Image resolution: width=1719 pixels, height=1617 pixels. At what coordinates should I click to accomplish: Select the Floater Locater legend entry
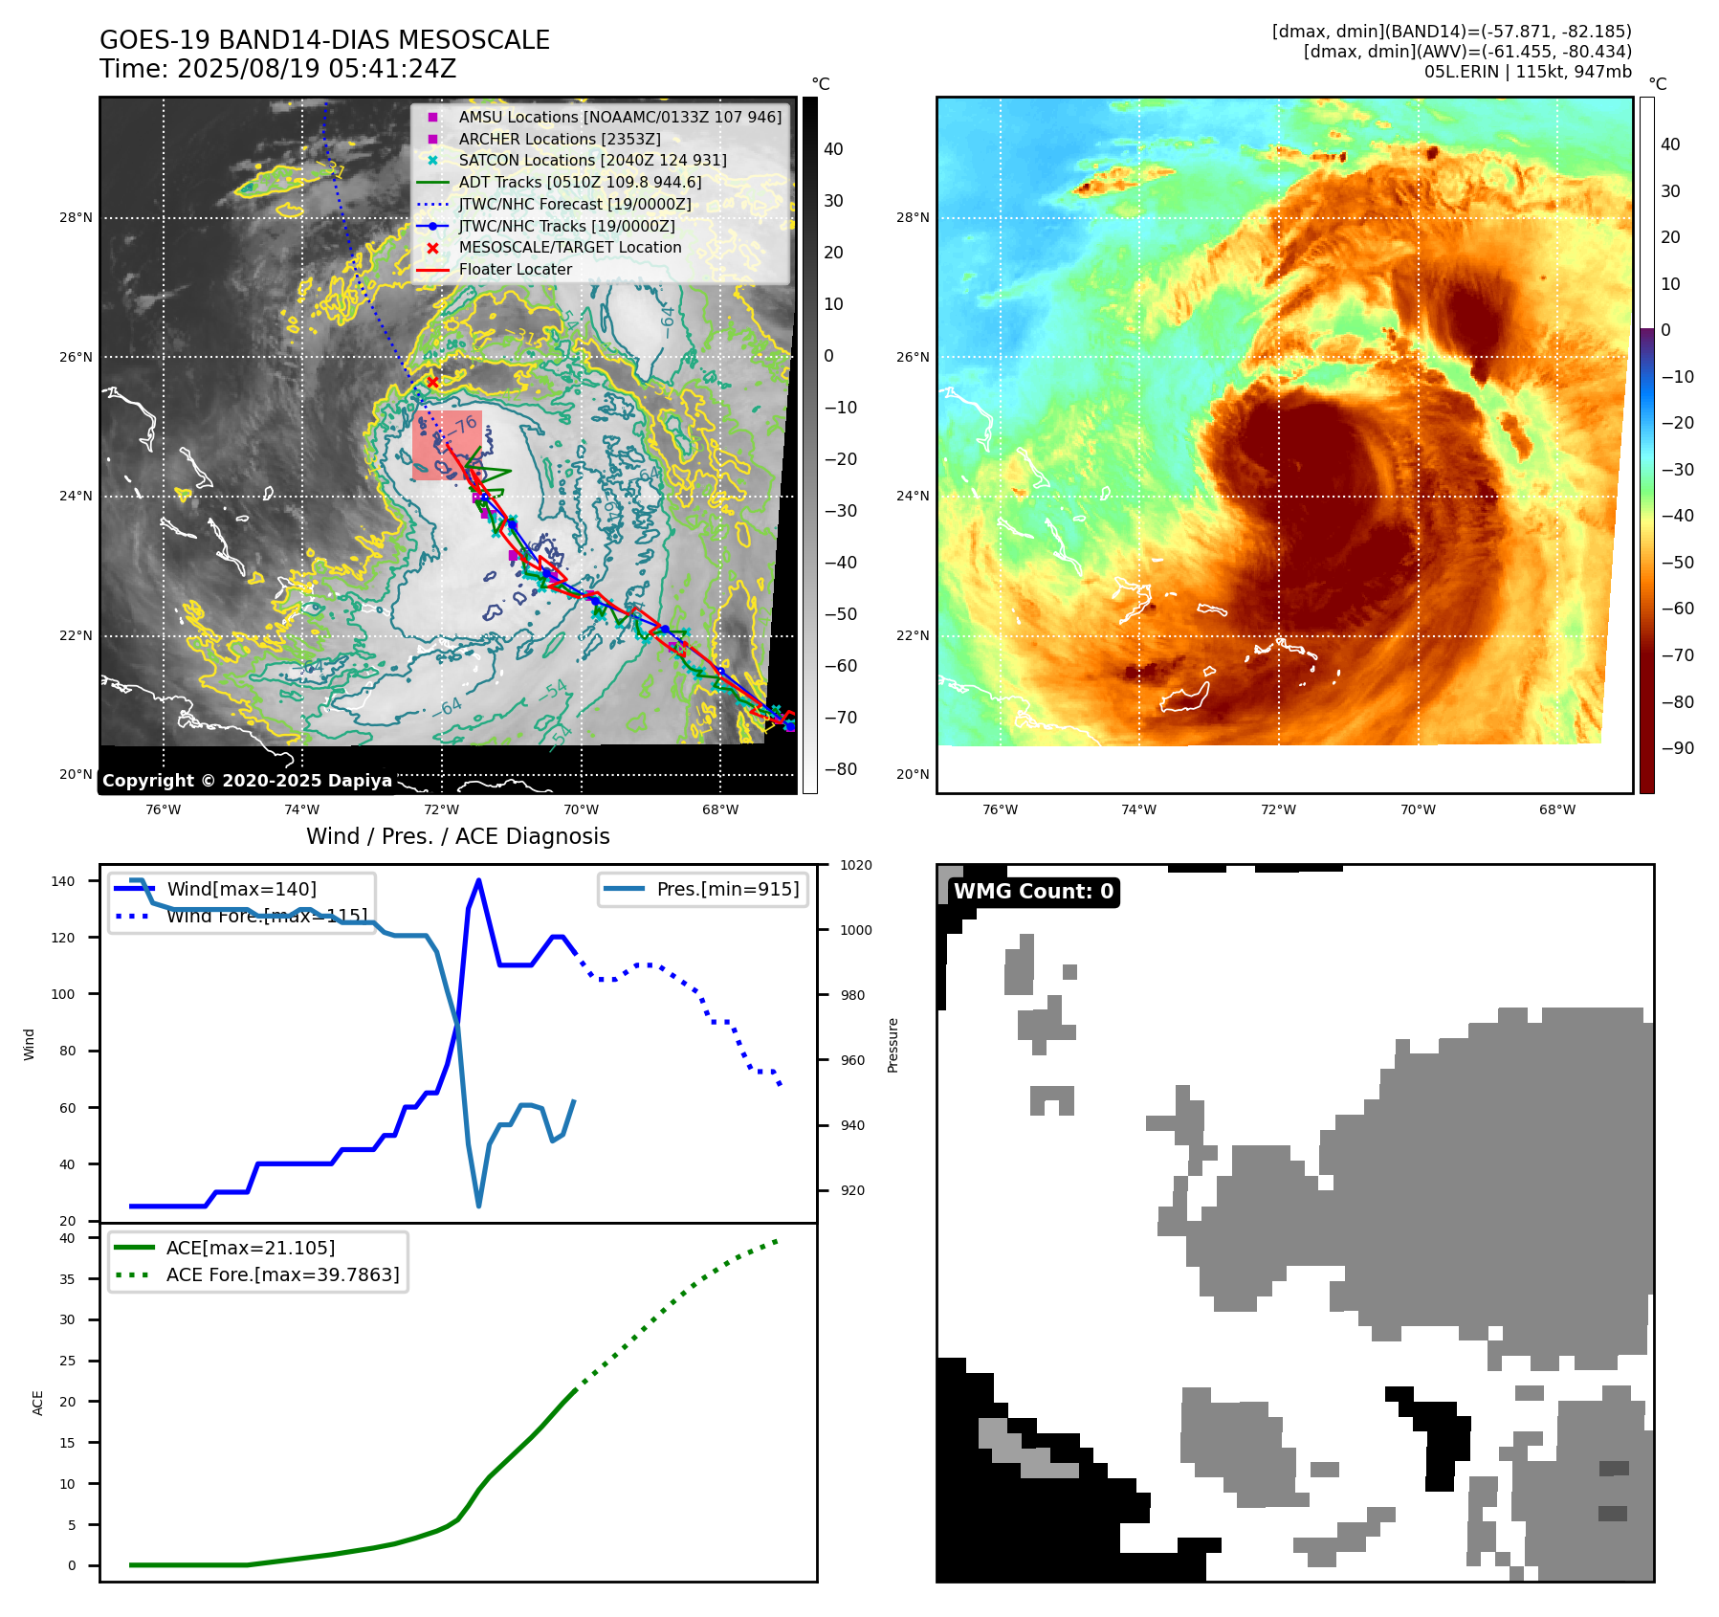pyautogui.click(x=515, y=270)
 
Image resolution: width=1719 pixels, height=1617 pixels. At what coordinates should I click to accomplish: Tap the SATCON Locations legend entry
pyautogui.click(x=592, y=161)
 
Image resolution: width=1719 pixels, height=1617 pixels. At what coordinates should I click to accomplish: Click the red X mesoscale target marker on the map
pyautogui.click(x=432, y=382)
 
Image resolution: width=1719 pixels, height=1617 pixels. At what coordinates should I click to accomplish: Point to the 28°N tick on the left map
pyautogui.click(x=77, y=218)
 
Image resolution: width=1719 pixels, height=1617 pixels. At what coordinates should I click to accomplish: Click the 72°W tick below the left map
pyautogui.click(x=441, y=810)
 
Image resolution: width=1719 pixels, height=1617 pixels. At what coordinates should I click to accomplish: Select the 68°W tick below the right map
pyautogui.click(x=1556, y=810)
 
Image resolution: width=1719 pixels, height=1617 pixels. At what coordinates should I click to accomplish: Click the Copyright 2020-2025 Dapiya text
pyautogui.click(x=247, y=781)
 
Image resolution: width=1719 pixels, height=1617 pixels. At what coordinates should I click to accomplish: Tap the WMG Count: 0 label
pyautogui.click(x=1033, y=892)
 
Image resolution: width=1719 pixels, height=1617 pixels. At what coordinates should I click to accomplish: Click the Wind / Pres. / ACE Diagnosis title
pyautogui.click(x=457, y=836)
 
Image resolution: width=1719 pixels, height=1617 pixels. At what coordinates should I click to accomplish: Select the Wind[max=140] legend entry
pyautogui.click(x=241, y=889)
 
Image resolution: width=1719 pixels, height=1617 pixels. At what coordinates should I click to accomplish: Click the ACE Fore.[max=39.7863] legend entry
pyautogui.click(x=282, y=1274)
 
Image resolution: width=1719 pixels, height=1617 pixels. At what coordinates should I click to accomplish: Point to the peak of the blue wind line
pyautogui.click(x=478, y=880)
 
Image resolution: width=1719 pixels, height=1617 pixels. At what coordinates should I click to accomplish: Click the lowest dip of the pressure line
pyautogui.click(x=478, y=1206)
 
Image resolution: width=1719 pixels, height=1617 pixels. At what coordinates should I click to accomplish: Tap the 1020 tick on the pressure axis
pyautogui.click(x=855, y=866)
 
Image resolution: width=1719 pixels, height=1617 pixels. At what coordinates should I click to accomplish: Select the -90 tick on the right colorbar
pyautogui.click(x=1677, y=748)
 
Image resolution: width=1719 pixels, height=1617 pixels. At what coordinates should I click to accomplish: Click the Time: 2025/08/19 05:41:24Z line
pyautogui.click(x=277, y=70)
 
